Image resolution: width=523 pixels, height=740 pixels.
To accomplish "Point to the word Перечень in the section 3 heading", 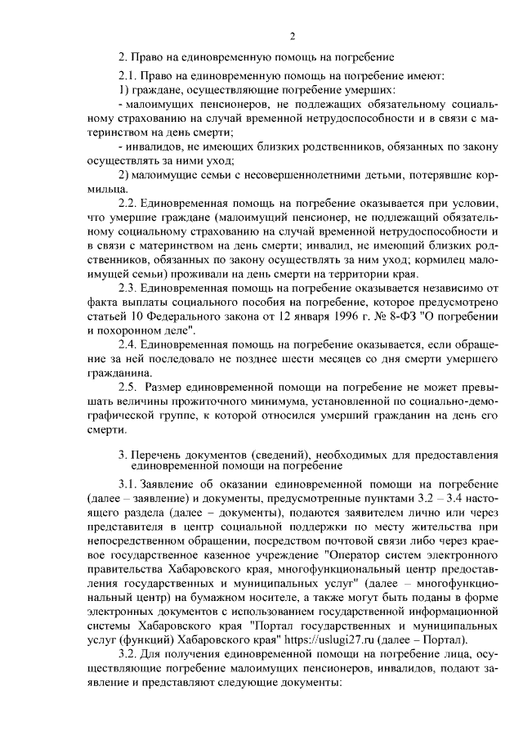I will click(167, 455).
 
